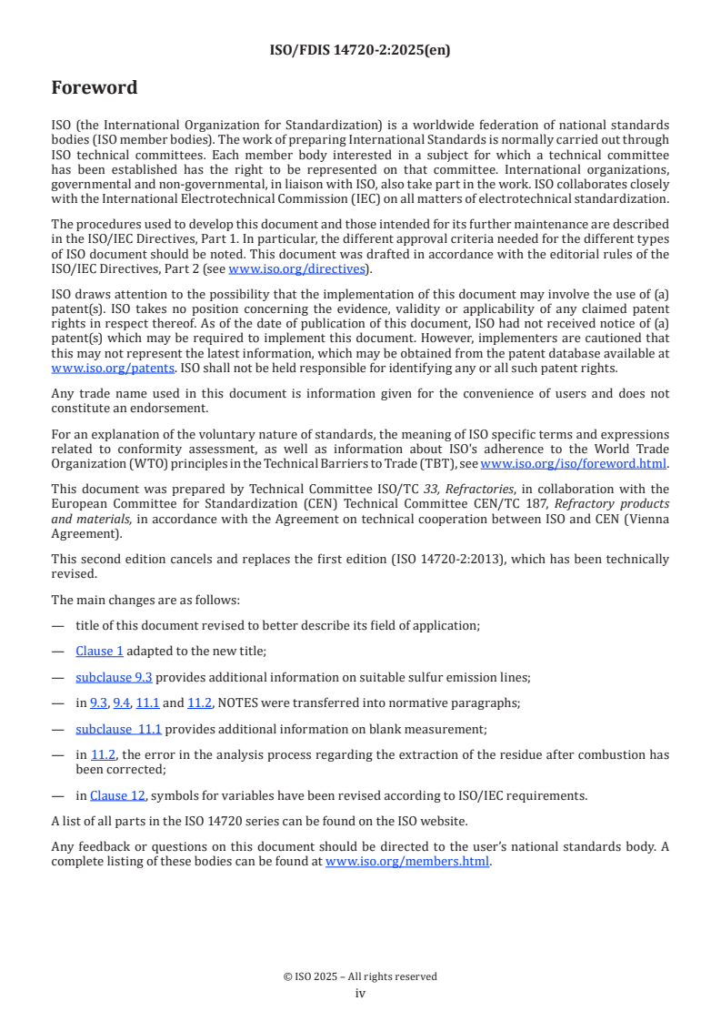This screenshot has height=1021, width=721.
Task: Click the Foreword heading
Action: tap(95, 88)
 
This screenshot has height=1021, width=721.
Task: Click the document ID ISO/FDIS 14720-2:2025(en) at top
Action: tap(360, 51)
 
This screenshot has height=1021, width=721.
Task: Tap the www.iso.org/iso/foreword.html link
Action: tap(573, 463)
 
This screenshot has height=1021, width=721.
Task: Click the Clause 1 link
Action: tap(100, 651)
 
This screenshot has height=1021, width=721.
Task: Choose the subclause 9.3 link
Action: tap(114, 677)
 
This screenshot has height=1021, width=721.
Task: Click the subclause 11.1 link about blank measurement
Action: tap(118, 729)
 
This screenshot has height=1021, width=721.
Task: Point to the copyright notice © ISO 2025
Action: tap(360, 976)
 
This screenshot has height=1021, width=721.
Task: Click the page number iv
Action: tap(360, 993)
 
